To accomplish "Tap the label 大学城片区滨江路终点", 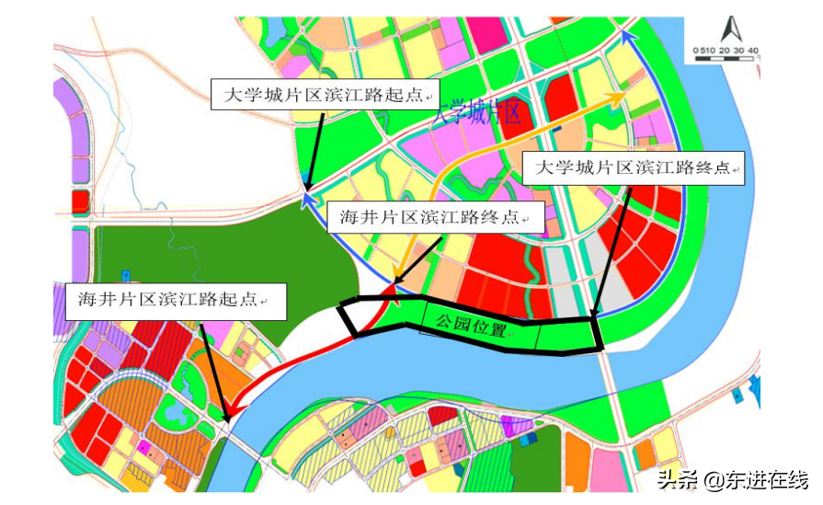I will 634,168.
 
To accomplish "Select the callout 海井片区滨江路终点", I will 436,218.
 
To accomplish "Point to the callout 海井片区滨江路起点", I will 171,301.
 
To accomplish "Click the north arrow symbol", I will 726,28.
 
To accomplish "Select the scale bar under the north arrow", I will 726,58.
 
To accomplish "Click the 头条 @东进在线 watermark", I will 732,480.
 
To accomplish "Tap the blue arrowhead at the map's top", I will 628,37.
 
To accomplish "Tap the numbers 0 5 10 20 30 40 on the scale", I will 726,49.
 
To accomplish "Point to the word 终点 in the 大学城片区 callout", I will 710,168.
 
